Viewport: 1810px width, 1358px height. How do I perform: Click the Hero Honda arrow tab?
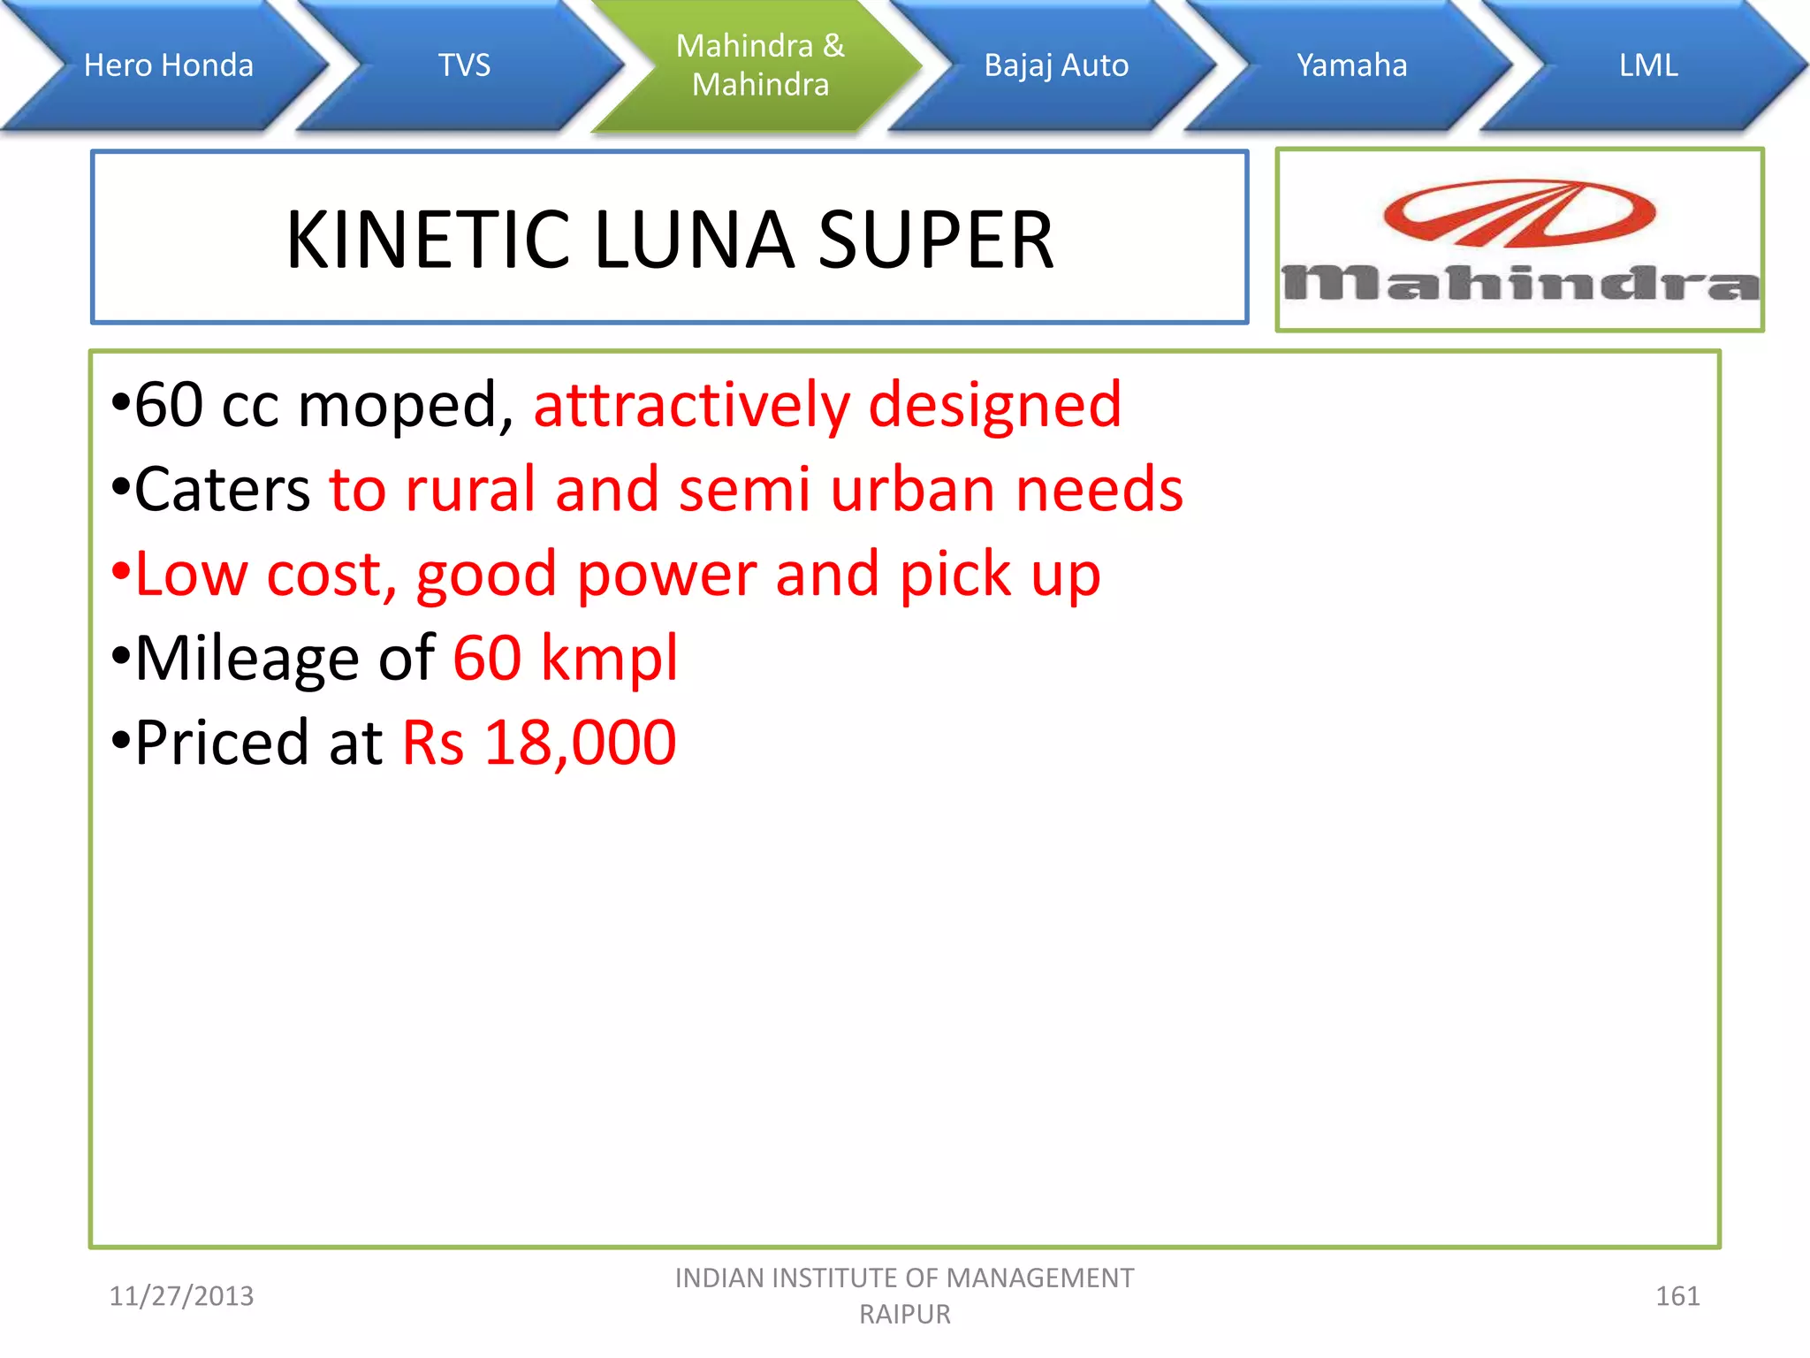coord(168,65)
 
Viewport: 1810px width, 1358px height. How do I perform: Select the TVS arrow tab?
coord(464,65)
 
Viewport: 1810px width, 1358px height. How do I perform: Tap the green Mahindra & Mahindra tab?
coord(760,65)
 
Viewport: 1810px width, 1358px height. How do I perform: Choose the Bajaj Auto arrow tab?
coord(1056,65)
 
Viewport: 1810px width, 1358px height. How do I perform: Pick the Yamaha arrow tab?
coord(1351,65)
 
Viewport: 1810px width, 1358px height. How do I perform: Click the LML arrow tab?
coord(1647,65)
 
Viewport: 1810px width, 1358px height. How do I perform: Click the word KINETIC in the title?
coord(428,240)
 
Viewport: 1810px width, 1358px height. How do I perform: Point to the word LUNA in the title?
coord(695,240)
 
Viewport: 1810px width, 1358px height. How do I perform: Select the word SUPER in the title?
coord(936,240)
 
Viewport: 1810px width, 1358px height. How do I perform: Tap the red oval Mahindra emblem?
coord(1518,213)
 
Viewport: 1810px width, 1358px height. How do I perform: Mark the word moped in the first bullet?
coord(406,405)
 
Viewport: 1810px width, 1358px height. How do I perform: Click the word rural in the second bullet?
coord(470,489)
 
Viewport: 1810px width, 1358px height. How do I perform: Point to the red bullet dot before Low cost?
coord(121,573)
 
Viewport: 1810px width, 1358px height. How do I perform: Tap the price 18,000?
coord(580,742)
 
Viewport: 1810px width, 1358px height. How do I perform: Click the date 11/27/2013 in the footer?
coord(181,1296)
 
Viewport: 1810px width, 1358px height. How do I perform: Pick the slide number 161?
coord(1677,1296)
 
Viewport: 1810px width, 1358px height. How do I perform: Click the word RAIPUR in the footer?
coord(905,1315)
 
